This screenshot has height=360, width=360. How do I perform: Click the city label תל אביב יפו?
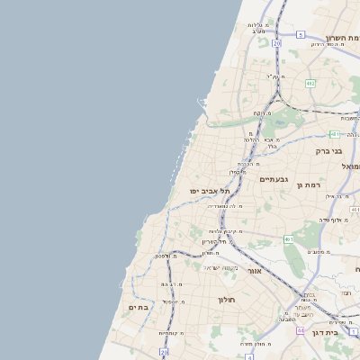coord(211,191)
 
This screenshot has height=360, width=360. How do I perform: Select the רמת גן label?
coord(308,184)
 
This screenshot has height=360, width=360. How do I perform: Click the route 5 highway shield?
coord(299,34)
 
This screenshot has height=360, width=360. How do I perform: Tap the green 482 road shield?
coord(310,83)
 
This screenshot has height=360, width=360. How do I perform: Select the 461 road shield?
coord(288,239)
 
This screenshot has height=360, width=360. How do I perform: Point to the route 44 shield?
coord(300,330)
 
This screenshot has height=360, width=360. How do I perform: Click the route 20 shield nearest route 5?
coord(276,42)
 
